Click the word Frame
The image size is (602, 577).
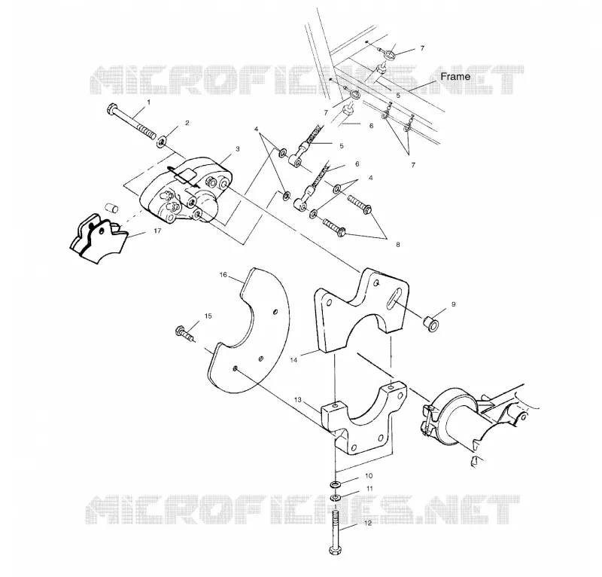pos(455,77)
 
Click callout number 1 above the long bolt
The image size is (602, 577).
pos(149,102)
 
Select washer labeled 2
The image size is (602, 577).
pos(162,141)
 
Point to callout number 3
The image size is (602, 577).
pos(238,148)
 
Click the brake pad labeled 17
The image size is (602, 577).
pos(99,239)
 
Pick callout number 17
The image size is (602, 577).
pos(157,231)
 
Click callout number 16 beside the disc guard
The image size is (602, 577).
pos(223,274)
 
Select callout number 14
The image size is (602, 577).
pos(293,360)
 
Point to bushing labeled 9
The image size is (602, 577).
pos(431,324)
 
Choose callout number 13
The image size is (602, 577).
pos(298,400)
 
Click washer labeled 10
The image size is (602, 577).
pos(336,484)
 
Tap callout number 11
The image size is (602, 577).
pos(369,489)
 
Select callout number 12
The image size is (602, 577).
pos(368,524)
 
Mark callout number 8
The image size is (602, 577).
pos(398,245)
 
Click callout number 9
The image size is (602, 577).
pos(454,304)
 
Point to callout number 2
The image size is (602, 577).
pos(187,123)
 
